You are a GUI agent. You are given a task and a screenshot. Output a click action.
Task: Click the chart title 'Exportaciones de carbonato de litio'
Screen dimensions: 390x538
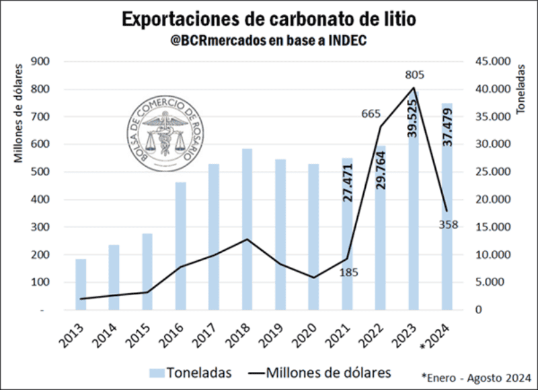click(268, 19)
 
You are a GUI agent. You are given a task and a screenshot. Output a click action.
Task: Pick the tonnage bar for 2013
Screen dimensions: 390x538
click(81, 284)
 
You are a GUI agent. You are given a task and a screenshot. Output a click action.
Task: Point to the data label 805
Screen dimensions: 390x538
click(414, 75)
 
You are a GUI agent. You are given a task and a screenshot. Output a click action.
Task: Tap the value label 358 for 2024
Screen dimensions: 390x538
click(447, 225)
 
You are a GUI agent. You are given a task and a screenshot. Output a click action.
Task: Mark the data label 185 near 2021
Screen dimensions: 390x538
click(349, 272)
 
